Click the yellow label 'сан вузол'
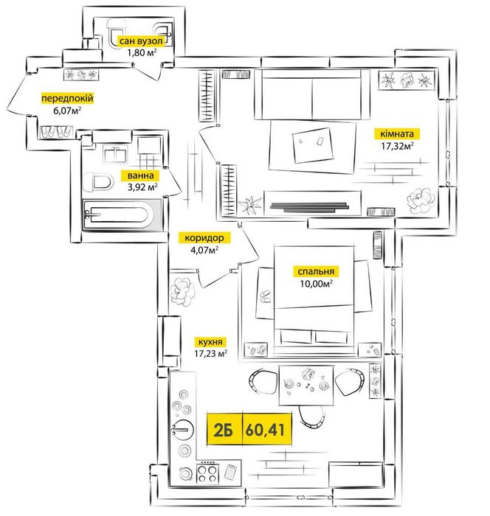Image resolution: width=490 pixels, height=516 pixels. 146,41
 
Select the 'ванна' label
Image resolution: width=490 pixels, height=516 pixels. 140,176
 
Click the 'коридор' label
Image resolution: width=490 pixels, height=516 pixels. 204,238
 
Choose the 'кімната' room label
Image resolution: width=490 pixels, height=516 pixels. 398,134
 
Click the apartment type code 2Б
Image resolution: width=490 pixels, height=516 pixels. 223,428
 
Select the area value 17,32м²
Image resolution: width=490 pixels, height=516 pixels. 397,146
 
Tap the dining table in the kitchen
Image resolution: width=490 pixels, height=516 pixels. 306,383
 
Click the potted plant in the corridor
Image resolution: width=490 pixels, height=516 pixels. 182,290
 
